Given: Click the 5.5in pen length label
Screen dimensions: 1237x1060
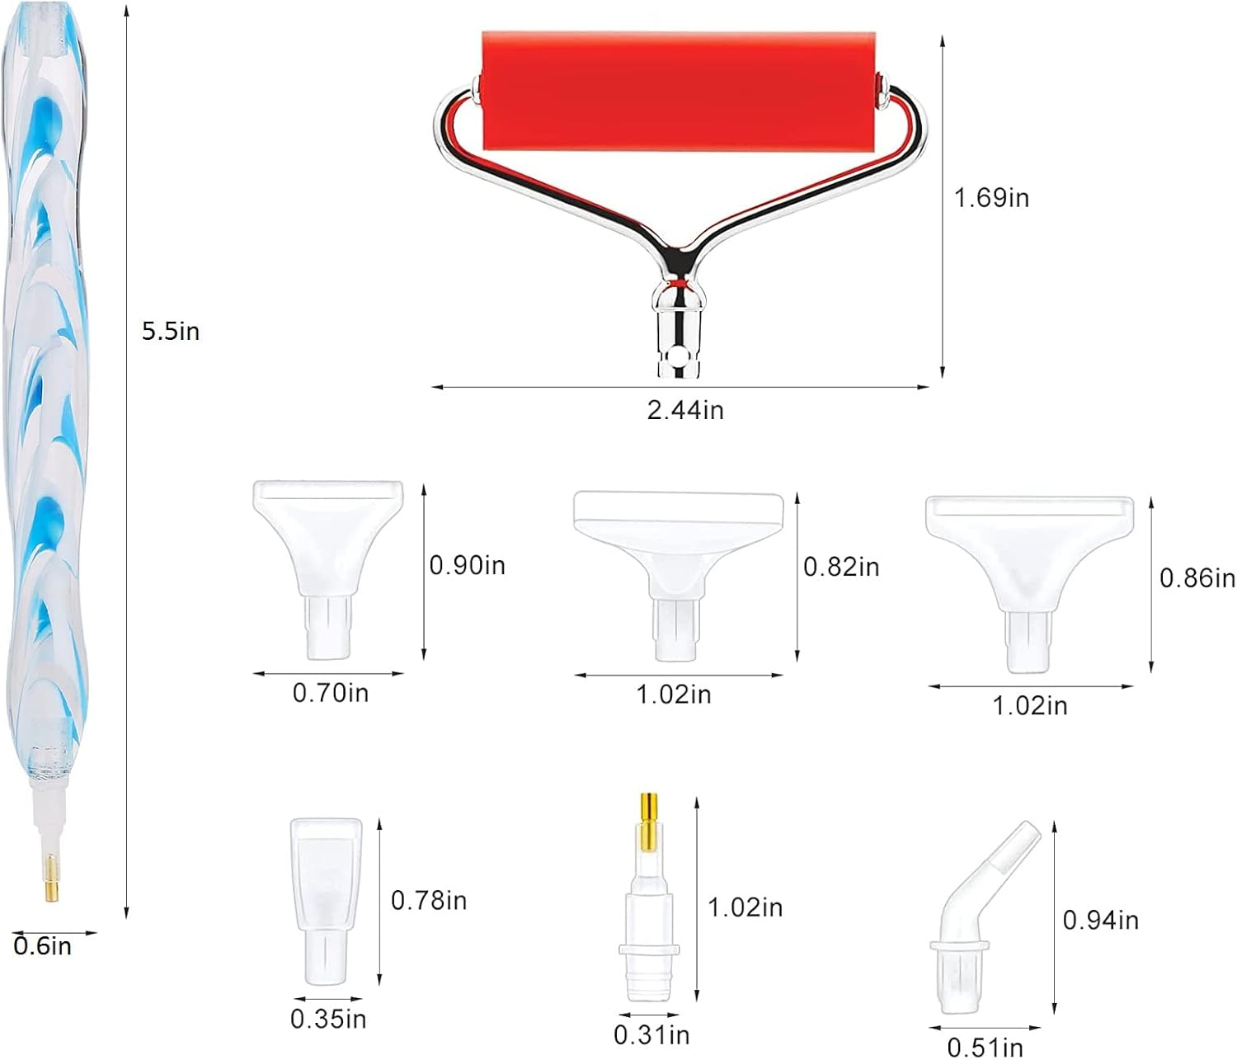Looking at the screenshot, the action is [171, 331].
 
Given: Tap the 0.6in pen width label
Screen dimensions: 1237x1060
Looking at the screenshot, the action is [43, 946].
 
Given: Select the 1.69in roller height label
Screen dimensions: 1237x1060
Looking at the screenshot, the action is [991, 198].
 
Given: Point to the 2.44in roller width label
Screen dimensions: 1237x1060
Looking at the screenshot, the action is [685, 411].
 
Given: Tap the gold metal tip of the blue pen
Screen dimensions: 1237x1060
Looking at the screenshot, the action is [52, 878].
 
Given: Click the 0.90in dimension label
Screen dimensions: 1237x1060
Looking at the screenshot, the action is [468, 566].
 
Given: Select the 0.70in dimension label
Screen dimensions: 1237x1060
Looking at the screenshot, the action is [331, 693].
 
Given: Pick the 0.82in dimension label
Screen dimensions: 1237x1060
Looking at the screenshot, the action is [841, 567].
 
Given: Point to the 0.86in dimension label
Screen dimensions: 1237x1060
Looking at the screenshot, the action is [1197, 578].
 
